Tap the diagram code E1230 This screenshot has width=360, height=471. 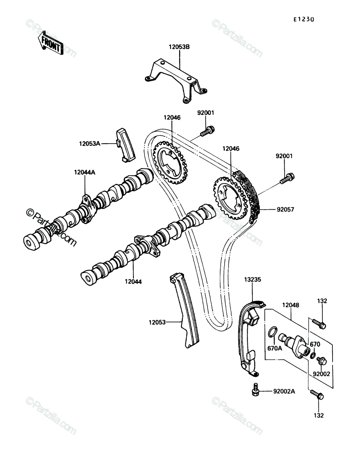pos(303,20)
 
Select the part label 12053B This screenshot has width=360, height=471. pos(179,47)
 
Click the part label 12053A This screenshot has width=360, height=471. pos(90,144)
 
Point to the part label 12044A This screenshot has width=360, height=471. pos(85,172)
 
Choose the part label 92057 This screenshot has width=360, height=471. pos(285,210)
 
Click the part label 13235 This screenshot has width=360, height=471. pos(252,279)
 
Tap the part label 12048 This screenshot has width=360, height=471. pos(291,305)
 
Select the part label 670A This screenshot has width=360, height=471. pos(274,348)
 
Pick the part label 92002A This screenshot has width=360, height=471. pos(284,392)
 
